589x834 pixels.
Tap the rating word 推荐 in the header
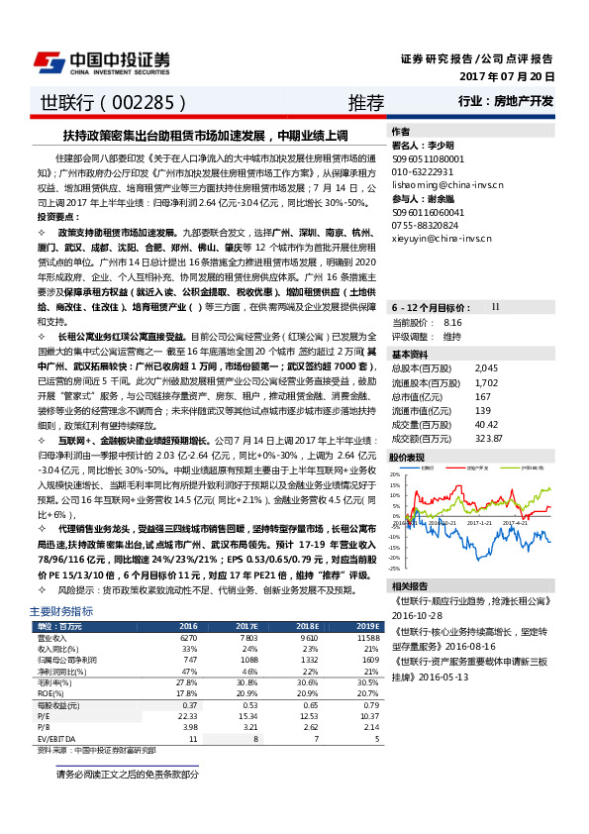(365, 102)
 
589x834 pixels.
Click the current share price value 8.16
(453, 323)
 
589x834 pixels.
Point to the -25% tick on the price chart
(394, 569)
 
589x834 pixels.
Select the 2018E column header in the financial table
(308, 626)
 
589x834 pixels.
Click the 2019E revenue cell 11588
(365, 638)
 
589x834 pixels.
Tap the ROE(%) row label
(49, 693)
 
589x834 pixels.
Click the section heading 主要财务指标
(61, 611)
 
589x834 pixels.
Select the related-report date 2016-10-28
(422, 614)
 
